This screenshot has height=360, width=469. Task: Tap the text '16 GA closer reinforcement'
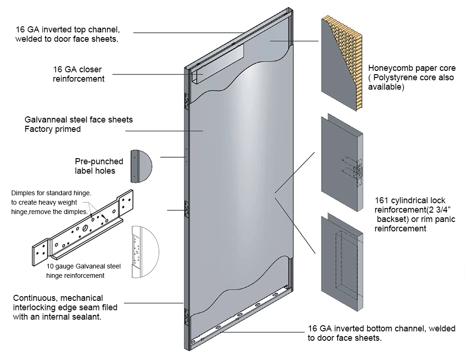tap(78, 74)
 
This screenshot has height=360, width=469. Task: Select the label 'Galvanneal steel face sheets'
tap(78, 120)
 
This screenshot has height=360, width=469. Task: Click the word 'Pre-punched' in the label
tap(99, 161)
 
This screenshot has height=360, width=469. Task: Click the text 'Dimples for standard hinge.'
tap(51, 193)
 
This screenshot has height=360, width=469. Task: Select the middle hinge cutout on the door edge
tap(187, 209)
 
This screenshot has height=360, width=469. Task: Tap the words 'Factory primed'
tap(53, 129)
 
